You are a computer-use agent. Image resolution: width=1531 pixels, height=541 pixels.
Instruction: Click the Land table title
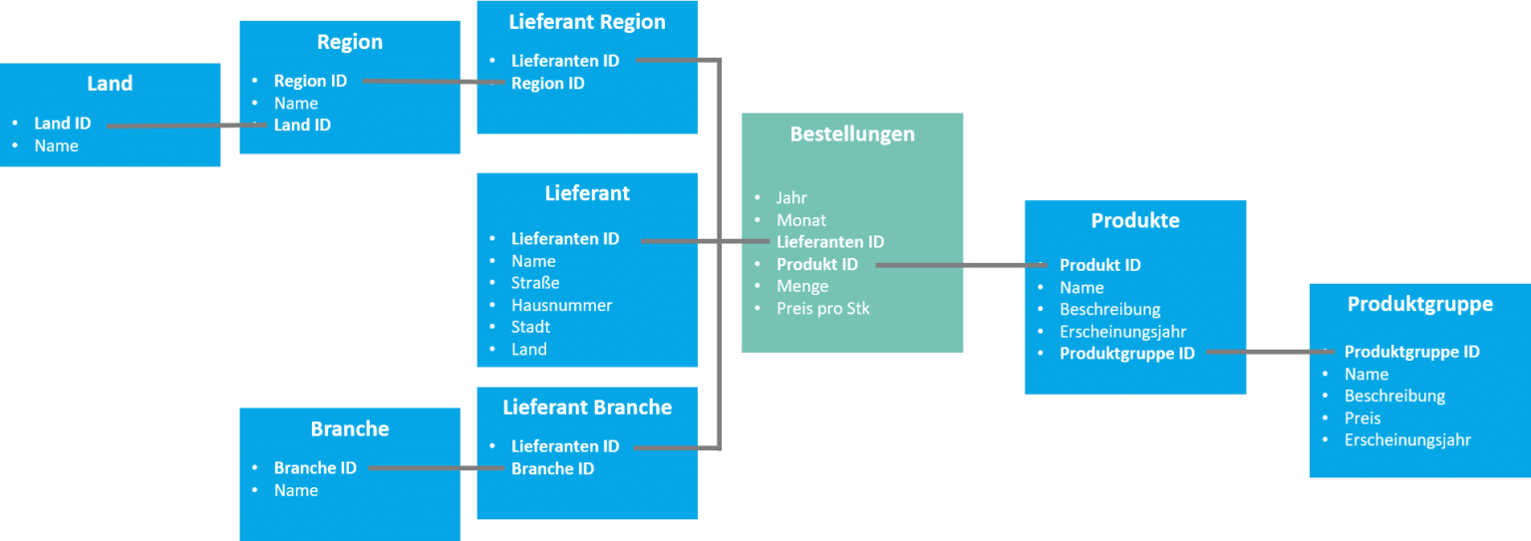110,84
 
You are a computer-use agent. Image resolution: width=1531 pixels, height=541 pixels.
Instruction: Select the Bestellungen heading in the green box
852,134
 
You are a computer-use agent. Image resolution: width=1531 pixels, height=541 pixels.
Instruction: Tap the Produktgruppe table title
1420,304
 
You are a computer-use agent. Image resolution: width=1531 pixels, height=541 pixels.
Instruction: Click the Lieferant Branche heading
587,407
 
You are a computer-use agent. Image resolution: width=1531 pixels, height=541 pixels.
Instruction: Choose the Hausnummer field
561,305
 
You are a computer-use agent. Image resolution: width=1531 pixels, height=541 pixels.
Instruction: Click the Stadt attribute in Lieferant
530,327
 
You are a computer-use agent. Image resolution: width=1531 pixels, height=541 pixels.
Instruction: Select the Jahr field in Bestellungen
791,198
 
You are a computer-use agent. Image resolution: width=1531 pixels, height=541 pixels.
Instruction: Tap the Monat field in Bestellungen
801,220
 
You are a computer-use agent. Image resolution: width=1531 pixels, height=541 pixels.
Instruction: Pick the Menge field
802,287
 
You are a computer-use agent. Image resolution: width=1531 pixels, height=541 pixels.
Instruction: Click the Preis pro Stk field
822,309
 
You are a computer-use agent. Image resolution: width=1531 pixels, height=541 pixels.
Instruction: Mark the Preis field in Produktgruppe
1362,418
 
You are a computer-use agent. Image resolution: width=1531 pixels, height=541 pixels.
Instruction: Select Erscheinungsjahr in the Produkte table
1122,331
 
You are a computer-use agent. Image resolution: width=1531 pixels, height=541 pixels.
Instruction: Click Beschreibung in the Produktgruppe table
1394,397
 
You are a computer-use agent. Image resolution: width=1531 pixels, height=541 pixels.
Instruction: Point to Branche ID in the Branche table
315,468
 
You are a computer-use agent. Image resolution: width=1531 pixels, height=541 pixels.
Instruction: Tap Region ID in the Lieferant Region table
547,84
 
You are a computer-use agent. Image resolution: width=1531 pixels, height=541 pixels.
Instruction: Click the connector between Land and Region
179,126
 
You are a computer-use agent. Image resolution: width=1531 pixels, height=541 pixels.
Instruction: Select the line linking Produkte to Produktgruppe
1266,352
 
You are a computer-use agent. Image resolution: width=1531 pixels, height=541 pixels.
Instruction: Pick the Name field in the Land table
56,146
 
